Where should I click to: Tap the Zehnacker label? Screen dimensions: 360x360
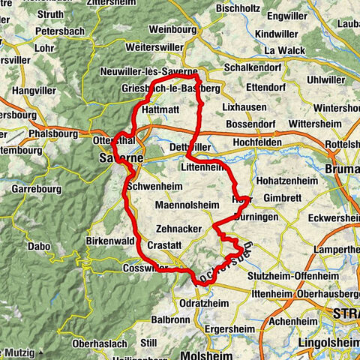(180, 229)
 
